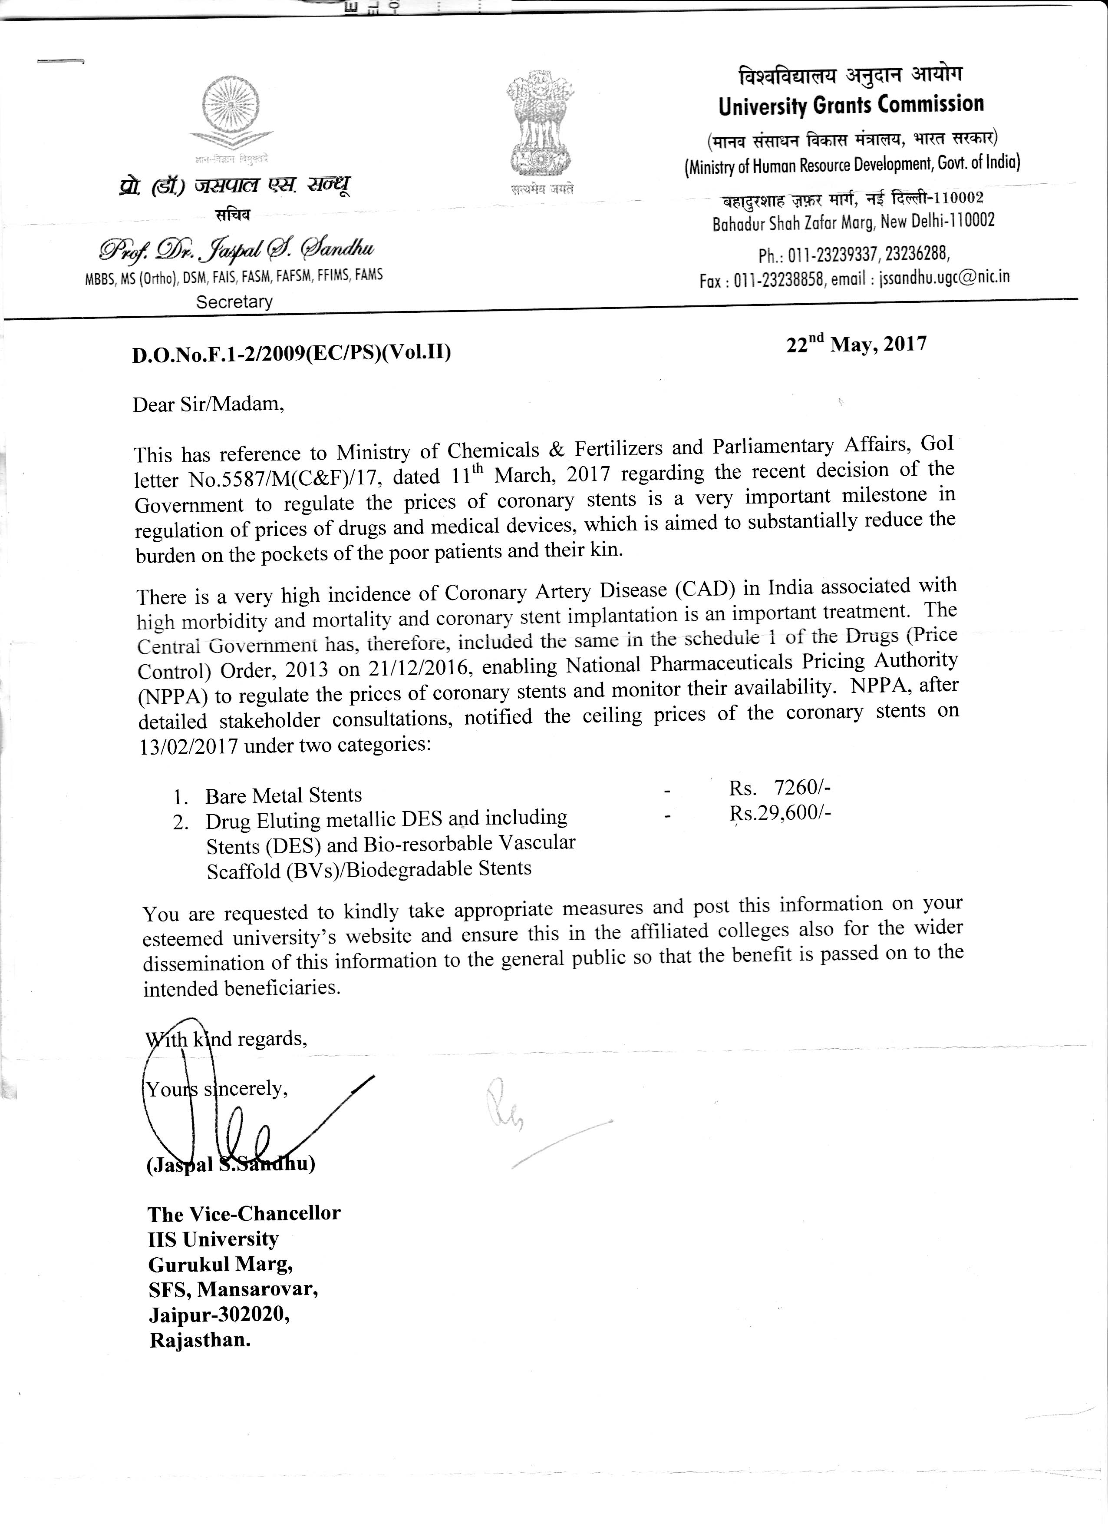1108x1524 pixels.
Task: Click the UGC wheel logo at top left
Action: pos(232,110)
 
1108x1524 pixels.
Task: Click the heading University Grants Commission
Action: pos(851,105)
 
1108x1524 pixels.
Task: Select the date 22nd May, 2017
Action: pos(856,345)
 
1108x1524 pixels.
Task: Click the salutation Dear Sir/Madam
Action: pos(208,404)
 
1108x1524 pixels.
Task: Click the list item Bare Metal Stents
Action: pos(284,795)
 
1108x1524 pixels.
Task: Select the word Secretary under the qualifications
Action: pos(234,301)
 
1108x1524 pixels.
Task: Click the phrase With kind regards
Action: pos(226,1040)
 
